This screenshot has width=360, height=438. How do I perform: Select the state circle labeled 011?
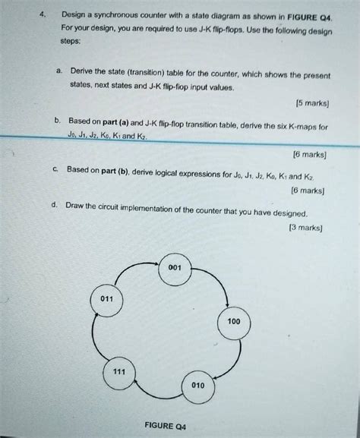click(x=106, y=298)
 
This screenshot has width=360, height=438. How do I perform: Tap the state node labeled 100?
click(x=233, y=322)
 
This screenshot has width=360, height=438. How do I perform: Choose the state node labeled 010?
click(x=198, y=386)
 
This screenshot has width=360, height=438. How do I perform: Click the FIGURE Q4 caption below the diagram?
click(x=171, y=426)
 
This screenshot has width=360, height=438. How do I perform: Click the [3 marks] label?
click(x=303, y=226)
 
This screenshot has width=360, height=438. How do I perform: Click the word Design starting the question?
click(x=76, y=14)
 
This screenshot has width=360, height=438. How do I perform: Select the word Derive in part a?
click(x=81, y=70)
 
